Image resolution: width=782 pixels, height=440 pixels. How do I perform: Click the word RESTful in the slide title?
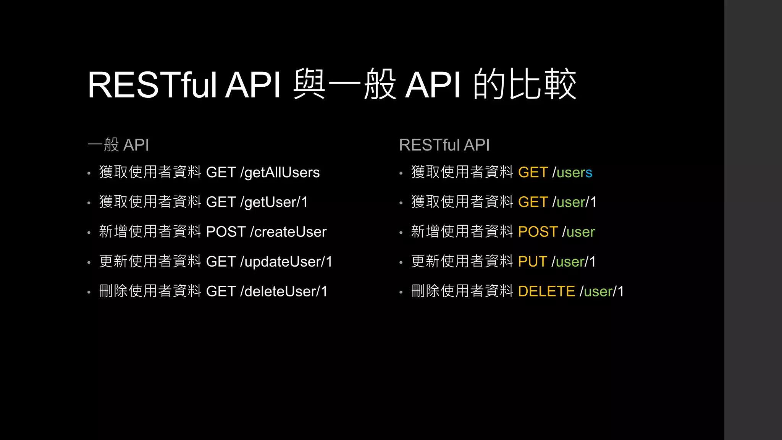pos(152,85)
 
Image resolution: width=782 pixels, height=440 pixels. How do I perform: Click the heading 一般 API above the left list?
pos(118,145)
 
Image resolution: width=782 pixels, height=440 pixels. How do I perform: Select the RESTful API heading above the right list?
pos(444,145)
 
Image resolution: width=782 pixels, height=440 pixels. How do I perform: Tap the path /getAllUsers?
pos(280,173)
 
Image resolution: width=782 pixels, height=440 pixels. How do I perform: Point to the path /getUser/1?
pos(274,202)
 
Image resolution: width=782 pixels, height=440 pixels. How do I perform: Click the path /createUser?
pos(288,232)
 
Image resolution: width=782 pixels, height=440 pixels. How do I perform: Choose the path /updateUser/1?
pos(286,262)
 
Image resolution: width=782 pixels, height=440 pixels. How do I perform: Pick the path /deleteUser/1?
pos(284,291)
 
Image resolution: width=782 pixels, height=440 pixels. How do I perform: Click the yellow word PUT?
pos(532,262)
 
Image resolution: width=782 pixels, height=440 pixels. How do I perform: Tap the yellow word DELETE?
pos(546,291)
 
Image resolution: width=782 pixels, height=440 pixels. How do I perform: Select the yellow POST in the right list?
pos(538,232)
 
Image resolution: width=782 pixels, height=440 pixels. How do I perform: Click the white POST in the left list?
pos(226,232)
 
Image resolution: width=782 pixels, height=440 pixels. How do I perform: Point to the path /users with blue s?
pos(572,173)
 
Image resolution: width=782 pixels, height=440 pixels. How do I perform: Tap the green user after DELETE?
pos(598,292)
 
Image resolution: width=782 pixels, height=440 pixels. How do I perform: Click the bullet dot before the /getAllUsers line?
pos(89,173)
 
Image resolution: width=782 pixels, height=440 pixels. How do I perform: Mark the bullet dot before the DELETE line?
pos(401,293)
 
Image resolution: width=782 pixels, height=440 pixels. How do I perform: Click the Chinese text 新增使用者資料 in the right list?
pos(462,231)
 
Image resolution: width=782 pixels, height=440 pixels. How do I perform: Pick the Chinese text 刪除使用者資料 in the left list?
pos(150,291)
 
